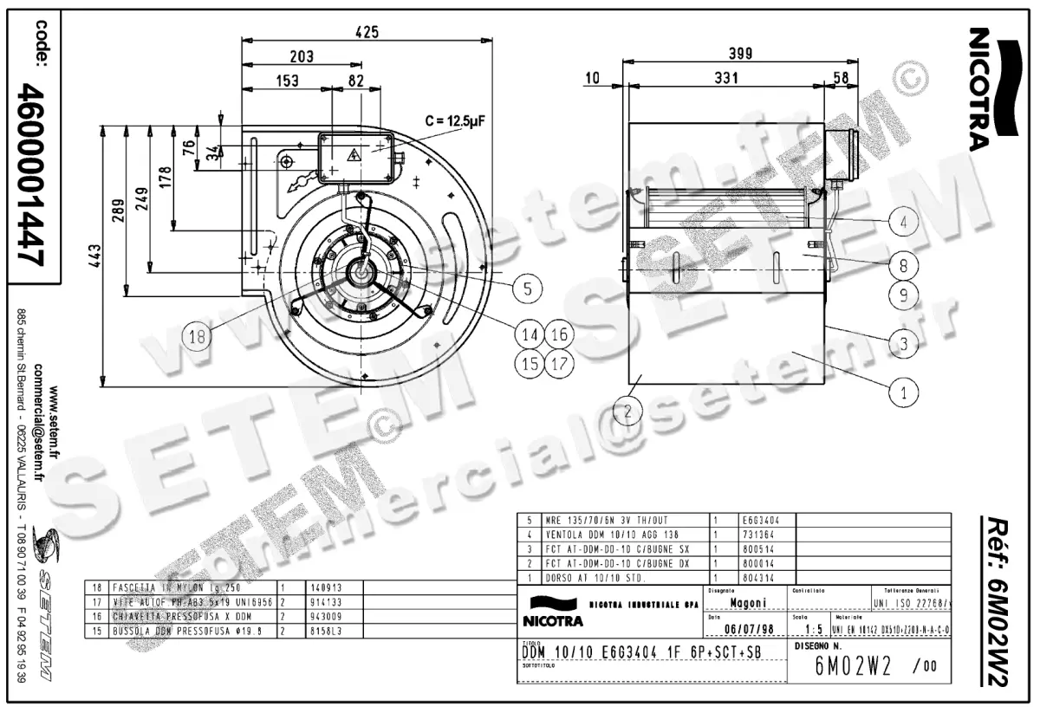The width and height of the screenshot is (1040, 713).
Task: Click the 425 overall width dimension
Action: coord(367,32)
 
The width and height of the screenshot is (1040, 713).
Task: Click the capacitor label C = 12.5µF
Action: coord(452,121)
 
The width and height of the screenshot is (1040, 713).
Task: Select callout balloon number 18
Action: coord(198,337)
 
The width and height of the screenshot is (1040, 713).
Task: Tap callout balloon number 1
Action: coord(904,392)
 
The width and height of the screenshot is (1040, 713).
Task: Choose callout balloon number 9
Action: coord(903,295)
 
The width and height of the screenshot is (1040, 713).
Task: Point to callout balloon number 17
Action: coord(559,363)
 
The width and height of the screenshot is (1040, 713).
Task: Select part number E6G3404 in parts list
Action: coord(762,521)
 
